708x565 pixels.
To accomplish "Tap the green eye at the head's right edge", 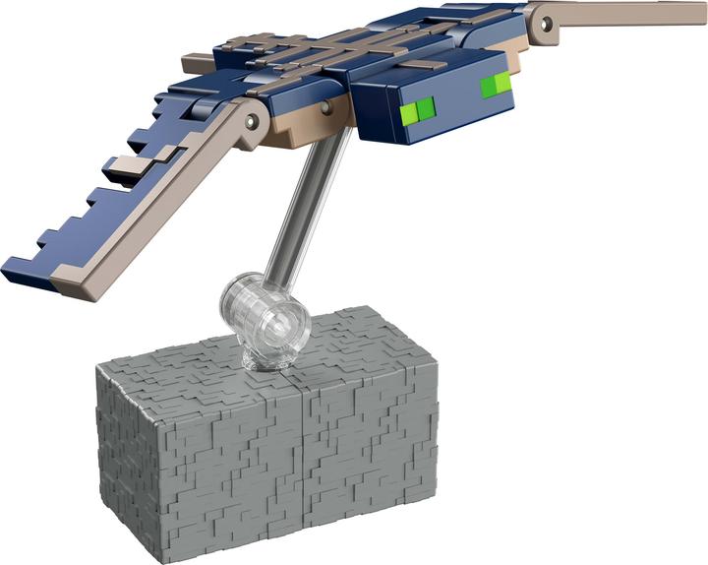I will click(x=495, y=86).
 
